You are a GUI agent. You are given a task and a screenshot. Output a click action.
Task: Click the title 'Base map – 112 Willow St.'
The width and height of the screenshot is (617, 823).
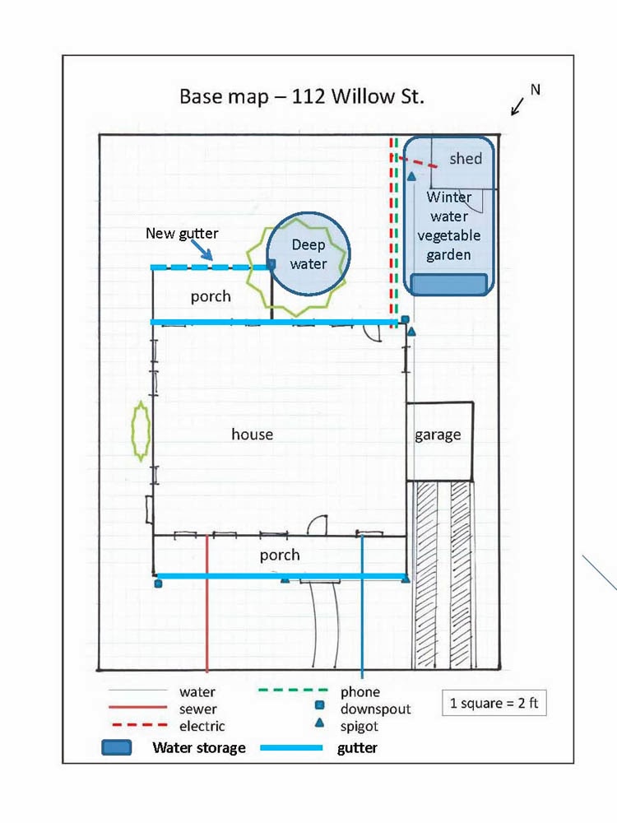point(302,96)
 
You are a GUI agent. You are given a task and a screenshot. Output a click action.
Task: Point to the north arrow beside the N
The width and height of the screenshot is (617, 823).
point(517,106)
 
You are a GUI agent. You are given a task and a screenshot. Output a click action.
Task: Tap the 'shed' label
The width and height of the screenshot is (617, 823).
point(466,159)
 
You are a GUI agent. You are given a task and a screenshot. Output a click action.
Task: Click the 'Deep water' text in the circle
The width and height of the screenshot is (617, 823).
point(308,254)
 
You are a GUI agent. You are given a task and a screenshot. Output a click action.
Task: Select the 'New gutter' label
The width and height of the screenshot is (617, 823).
point(182,234)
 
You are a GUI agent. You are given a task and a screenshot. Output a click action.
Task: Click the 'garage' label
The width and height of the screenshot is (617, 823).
point(438,435)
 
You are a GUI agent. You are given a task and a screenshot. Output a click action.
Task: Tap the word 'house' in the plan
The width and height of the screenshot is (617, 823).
point(252,434)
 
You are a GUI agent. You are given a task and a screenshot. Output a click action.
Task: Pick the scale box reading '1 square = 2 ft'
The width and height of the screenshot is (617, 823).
point(494,703)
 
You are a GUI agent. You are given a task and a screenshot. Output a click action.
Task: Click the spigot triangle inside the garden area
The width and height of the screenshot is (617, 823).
point(412,176)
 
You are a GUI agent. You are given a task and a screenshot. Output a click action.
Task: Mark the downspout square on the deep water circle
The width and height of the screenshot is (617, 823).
point(271,263)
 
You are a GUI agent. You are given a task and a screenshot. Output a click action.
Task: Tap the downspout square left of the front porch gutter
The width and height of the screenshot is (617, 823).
point(158,584)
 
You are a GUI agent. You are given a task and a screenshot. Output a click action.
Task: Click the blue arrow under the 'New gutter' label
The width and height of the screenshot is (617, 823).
point(202,249)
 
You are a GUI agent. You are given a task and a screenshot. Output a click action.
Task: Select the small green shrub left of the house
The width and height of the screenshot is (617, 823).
point(141,431)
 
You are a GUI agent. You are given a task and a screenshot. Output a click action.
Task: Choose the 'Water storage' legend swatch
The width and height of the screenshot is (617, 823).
point(117,747)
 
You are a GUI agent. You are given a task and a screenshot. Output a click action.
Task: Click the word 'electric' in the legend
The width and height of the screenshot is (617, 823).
point(202,726)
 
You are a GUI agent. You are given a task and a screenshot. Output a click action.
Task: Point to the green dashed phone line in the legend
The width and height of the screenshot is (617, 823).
point(293,690)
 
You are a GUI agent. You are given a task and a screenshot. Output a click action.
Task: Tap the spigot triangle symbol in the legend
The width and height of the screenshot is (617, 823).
point(319,723)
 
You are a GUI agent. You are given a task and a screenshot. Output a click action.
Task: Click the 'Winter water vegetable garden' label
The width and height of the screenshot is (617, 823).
point(448,226)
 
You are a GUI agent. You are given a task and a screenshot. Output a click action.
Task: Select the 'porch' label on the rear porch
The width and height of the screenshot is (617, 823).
point(211,296)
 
